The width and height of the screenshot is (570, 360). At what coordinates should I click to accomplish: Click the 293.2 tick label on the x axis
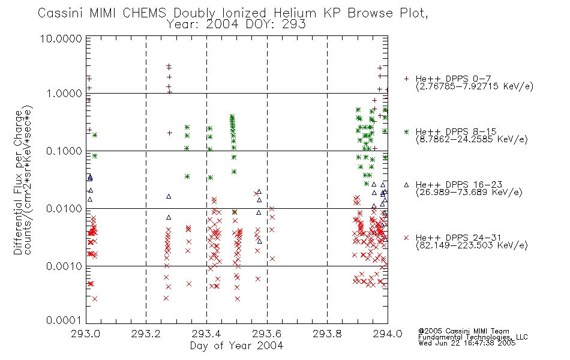(146, 334)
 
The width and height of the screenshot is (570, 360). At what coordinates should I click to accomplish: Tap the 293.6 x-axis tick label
(267, 334)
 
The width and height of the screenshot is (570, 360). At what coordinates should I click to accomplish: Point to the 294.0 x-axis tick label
(388, 334)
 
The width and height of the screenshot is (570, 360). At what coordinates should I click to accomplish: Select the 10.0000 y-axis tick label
(61, 38)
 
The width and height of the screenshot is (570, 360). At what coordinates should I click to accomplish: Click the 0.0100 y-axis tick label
(64, 209)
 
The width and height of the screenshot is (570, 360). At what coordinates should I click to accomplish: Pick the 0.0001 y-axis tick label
(64, 320)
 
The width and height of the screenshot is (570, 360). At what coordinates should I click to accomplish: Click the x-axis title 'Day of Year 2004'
(236, 346)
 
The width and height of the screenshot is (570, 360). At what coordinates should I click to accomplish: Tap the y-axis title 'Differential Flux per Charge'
(18, 182)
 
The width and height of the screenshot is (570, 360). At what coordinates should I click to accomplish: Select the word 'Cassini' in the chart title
(61, 13)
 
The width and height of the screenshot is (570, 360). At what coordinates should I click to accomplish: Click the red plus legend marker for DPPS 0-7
(406, 79)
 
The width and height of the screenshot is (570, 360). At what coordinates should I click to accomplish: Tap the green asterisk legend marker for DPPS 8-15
(406, 131)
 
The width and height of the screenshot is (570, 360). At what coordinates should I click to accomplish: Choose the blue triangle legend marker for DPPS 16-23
(406, 185)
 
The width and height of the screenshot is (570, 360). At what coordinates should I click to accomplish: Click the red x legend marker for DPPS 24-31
(406, 238)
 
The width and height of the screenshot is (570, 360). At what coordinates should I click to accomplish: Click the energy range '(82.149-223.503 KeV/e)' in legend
(472, 245)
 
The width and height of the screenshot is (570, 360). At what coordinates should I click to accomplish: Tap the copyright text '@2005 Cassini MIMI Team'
(463, 331)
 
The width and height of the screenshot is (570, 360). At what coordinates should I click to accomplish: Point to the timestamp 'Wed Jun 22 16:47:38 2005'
(467, 343)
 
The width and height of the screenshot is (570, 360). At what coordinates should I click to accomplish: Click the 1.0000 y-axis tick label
(64, 94)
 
